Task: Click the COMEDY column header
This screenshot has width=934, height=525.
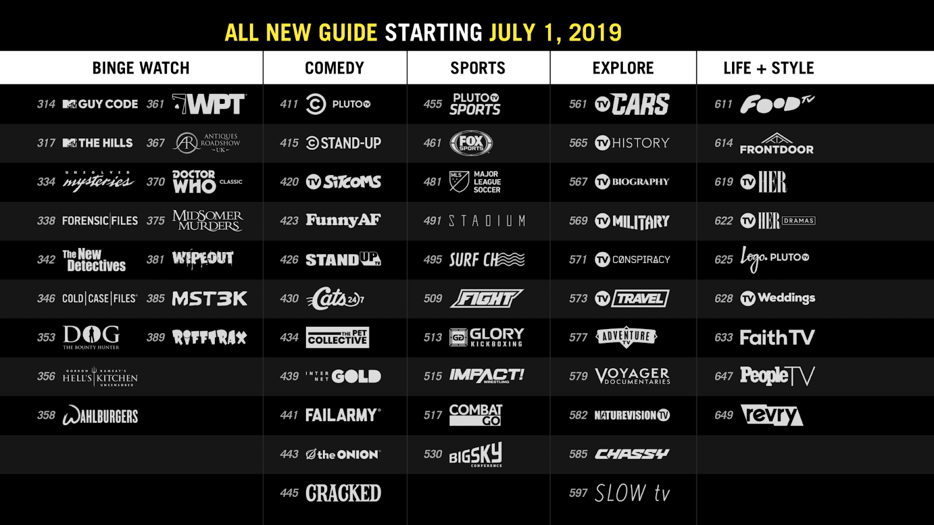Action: click(334, 68)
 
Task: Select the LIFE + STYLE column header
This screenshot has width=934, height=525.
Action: click(768, 68)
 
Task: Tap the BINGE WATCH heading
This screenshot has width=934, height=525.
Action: click(141, 68)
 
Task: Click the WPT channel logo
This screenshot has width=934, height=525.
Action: click(210, 104)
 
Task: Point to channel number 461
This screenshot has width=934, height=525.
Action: click(433, 143)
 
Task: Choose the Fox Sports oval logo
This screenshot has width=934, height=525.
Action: click(471, 143)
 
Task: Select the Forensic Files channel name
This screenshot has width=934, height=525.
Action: click(100, 220)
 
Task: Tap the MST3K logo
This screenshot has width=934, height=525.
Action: click(210, 299)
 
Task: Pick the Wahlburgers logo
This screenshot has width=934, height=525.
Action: click(100, 415)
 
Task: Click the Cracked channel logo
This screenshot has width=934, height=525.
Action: click(343, 494)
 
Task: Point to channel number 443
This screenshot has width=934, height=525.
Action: click(289, 454)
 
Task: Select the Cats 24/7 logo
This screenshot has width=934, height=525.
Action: click(335, 299)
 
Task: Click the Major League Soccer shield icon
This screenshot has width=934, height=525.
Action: click(459, 181)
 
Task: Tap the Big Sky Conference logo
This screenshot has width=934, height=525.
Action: click(476, 454)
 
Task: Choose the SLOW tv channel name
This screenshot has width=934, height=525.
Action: click(632, 494)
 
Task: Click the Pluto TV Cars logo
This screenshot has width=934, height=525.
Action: click(632, 104)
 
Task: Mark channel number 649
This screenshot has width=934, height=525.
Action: click(723, 415)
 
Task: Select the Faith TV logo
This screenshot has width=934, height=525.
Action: click(776, 338)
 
